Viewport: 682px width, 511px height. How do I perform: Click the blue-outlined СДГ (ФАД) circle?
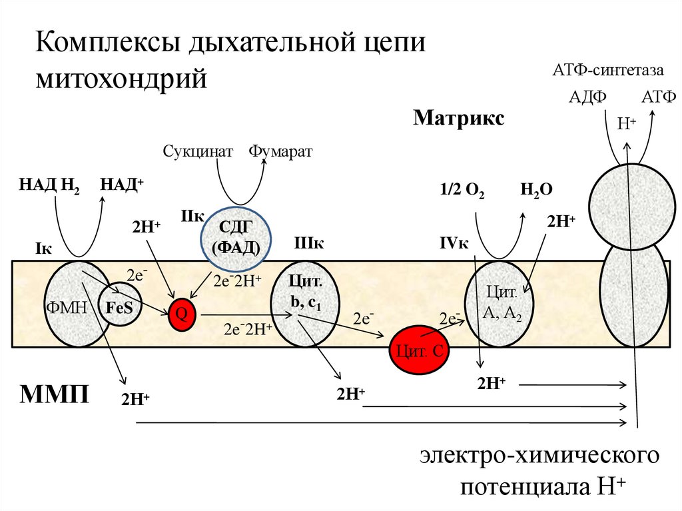tap(237, 237)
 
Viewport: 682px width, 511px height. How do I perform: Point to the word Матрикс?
tap(458, 118)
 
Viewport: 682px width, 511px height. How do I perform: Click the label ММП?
tap(55, 394)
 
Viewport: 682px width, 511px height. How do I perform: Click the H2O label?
tap(537, 190)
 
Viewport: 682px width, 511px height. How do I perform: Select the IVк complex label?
tap(454, 244)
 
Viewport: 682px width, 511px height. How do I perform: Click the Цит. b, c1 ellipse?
tap(304, 303)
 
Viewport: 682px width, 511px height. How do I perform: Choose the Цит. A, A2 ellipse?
tap(500, 304)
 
